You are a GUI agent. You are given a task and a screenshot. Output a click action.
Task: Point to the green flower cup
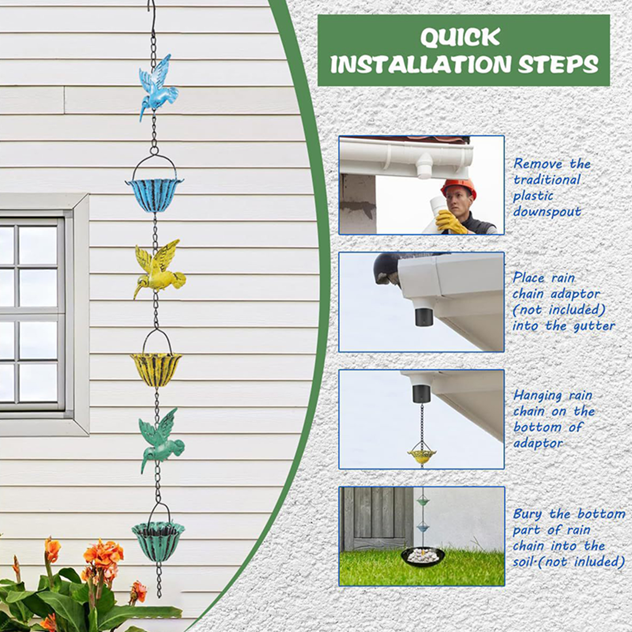(x=158, y=541)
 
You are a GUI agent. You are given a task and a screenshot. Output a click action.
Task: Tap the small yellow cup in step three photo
(x=422, y=454)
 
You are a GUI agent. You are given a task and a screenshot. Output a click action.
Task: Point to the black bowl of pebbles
(x=423, y=557)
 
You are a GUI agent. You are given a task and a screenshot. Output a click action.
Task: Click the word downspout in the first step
(x=547, y=212)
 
